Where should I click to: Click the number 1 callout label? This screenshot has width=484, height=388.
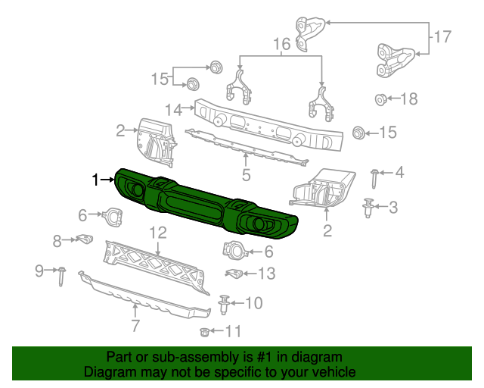click(x=95, y=180)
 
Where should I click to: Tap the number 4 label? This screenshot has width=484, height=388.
click(x=399, y=173)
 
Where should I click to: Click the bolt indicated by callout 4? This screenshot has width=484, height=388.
click(x=376, y=178)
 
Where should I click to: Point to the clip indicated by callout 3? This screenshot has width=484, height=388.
click(x=368, y=207)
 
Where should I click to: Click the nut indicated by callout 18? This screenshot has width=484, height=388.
click(x=381, y=99)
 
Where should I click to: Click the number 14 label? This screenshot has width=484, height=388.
click(x=173, y=110)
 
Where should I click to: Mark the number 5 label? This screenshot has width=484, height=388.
click(x=246, y=177)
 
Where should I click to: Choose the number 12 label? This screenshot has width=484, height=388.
click(x=157, y=232)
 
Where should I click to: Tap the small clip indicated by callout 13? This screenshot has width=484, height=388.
click(x=234, y=273)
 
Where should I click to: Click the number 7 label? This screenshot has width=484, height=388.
click(x=135, y=327)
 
